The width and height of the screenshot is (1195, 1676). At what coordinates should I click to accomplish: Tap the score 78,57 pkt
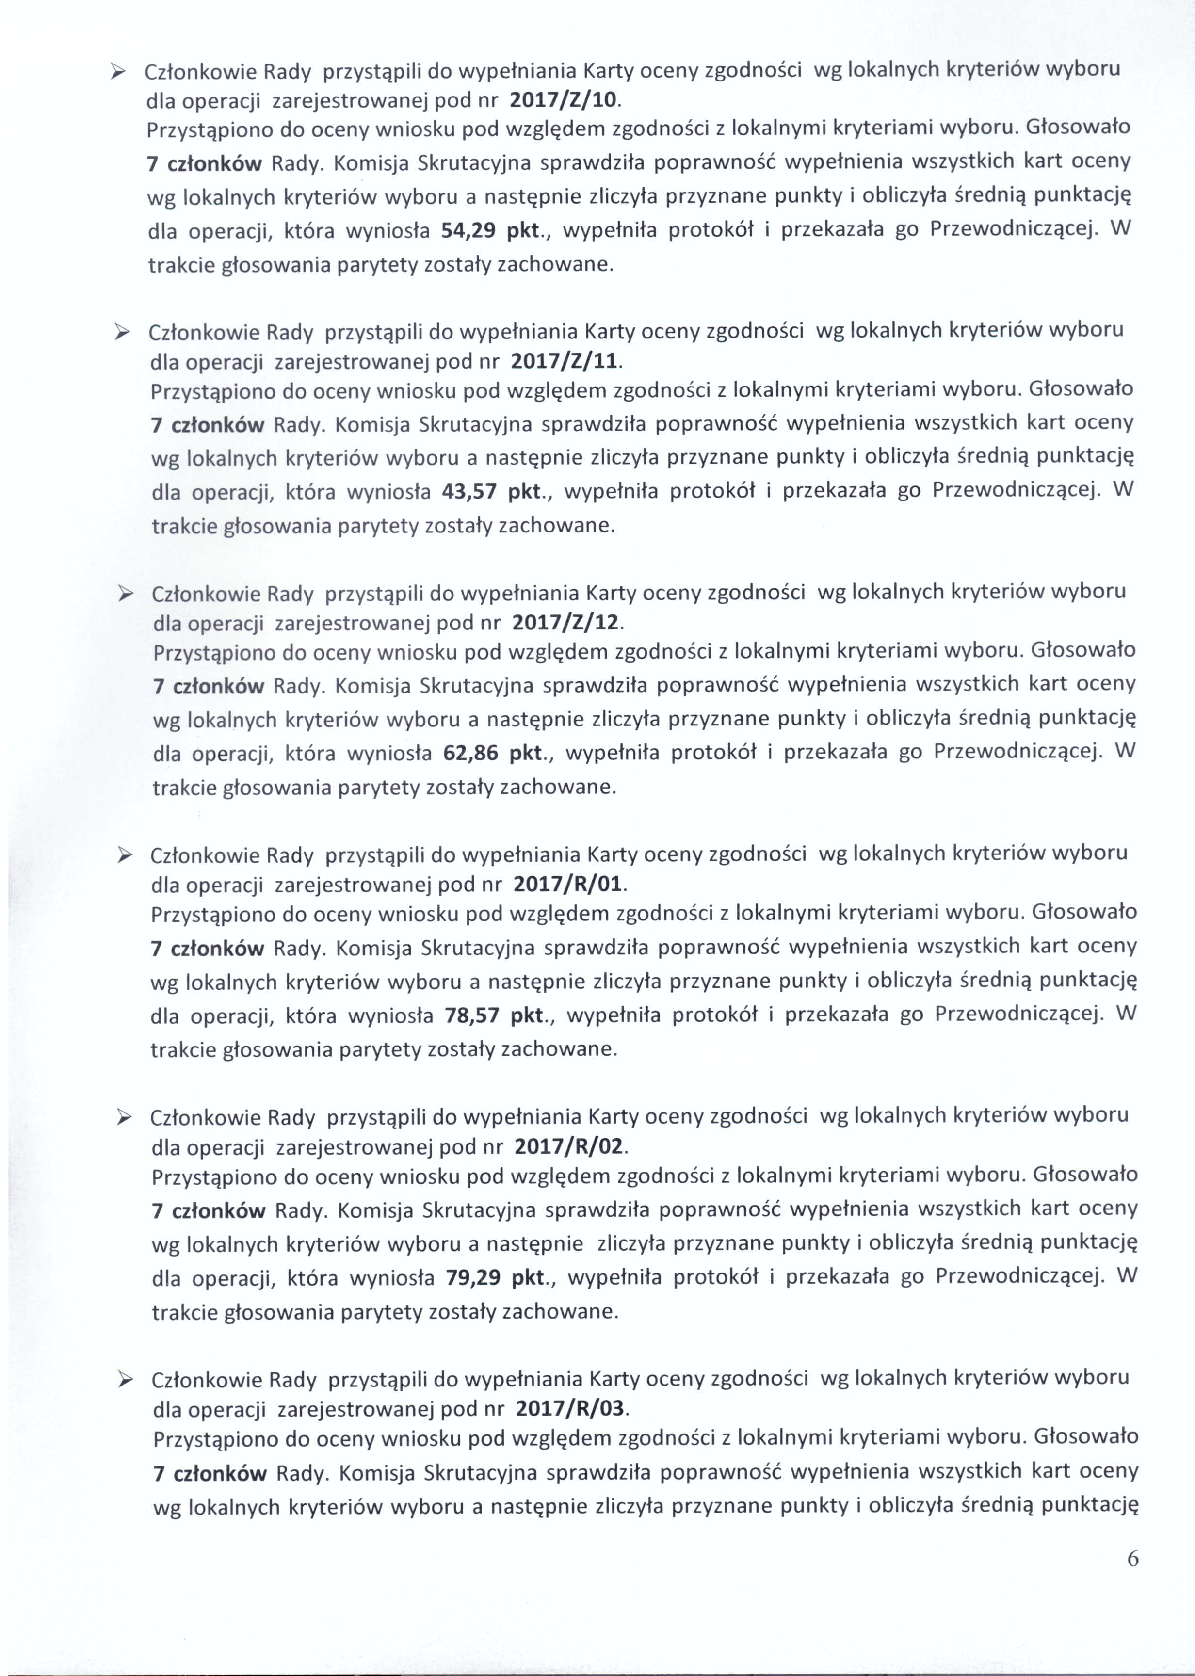[495, 1015]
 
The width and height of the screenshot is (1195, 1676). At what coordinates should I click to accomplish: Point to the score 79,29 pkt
[496, 1277]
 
